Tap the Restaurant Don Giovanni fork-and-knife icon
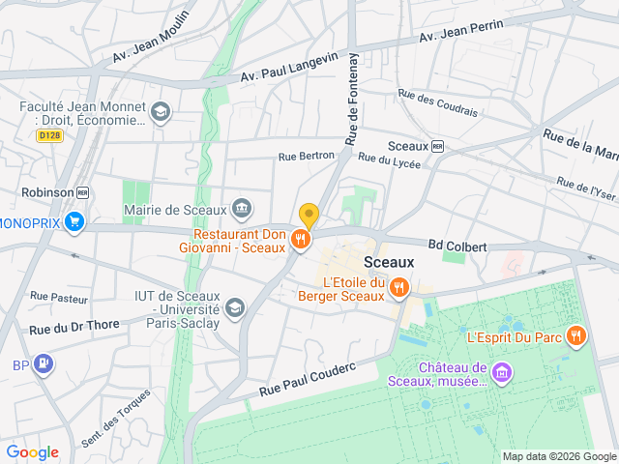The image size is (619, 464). [301, 239]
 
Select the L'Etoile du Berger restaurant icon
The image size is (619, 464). [398, 287]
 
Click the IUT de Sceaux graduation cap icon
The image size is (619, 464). [234, 308]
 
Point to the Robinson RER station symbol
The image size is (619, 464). [82, 192]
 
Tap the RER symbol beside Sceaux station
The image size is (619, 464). [437, 146]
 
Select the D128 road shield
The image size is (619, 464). [49, 136]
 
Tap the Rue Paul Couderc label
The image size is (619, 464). [309, 378]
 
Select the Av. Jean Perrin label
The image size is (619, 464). [461, 30]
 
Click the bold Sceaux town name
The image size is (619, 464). [389, 262]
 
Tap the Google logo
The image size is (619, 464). [33, 451]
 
